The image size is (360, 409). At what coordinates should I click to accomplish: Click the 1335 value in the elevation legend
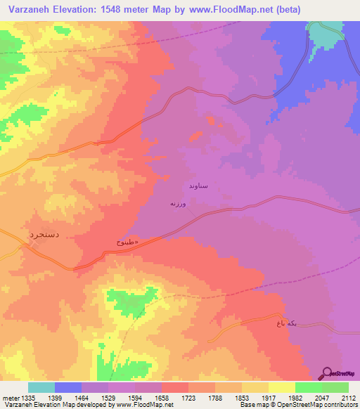28,398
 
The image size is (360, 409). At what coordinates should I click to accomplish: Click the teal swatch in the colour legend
41,387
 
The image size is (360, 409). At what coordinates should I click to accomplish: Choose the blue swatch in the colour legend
68,387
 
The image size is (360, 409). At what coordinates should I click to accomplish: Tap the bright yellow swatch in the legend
282,387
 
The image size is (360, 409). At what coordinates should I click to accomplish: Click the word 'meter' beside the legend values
10,398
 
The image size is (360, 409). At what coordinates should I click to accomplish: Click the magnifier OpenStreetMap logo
326,373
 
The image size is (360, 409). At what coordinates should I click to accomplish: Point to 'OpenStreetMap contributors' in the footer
324,405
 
